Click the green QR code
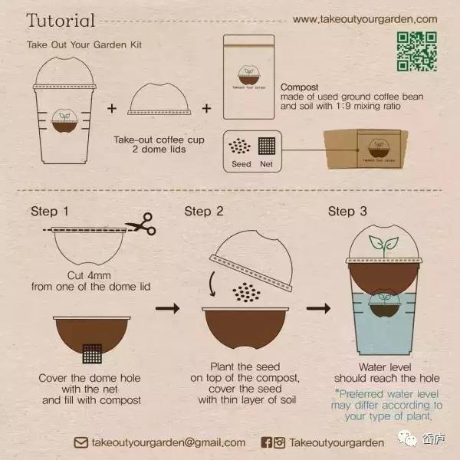pos(417,51)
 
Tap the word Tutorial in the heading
pos(61,21)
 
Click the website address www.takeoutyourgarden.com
pos(365,19)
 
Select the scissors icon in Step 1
pos(141,224)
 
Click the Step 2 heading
pos(204,212)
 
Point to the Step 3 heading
pos(347,212)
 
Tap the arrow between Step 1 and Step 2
pos(168,308)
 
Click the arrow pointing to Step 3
pos(319,308)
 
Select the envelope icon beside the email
pos(80,442)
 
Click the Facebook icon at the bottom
pos(266,442)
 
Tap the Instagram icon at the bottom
pos(280,442)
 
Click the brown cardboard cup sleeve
pos(366,149)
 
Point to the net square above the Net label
pos(267,146)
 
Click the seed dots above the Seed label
pos(240,146)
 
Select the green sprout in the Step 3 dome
pos(383,245)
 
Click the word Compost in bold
pos(299,87)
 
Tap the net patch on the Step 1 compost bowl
pos(92,353)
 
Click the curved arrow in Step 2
pos(212,284)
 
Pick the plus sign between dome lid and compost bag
pos(206,109)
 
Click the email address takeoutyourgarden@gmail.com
pos(169,442)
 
